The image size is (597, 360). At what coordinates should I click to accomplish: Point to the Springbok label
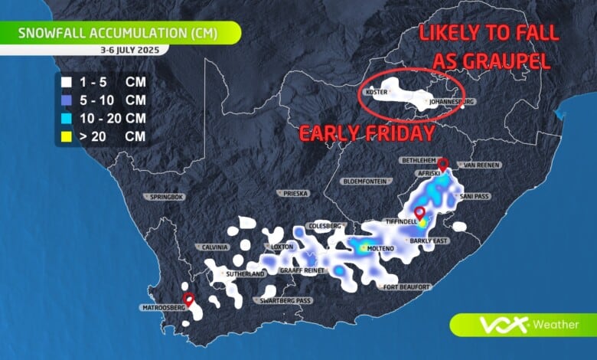point(168,197)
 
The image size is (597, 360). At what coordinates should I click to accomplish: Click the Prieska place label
point(295,193)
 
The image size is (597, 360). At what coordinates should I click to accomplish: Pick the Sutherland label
point(246,273)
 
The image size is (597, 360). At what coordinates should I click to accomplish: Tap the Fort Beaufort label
point(408,287)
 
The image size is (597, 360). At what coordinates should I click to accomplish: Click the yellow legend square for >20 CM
point(67,136)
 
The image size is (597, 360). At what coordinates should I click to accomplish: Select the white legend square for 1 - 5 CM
point(67,80)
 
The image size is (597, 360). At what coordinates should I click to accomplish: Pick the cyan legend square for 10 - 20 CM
point(67,117)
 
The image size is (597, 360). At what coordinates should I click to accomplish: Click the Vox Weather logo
point(528,325)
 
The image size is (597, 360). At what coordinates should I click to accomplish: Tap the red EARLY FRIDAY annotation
point(367,133)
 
